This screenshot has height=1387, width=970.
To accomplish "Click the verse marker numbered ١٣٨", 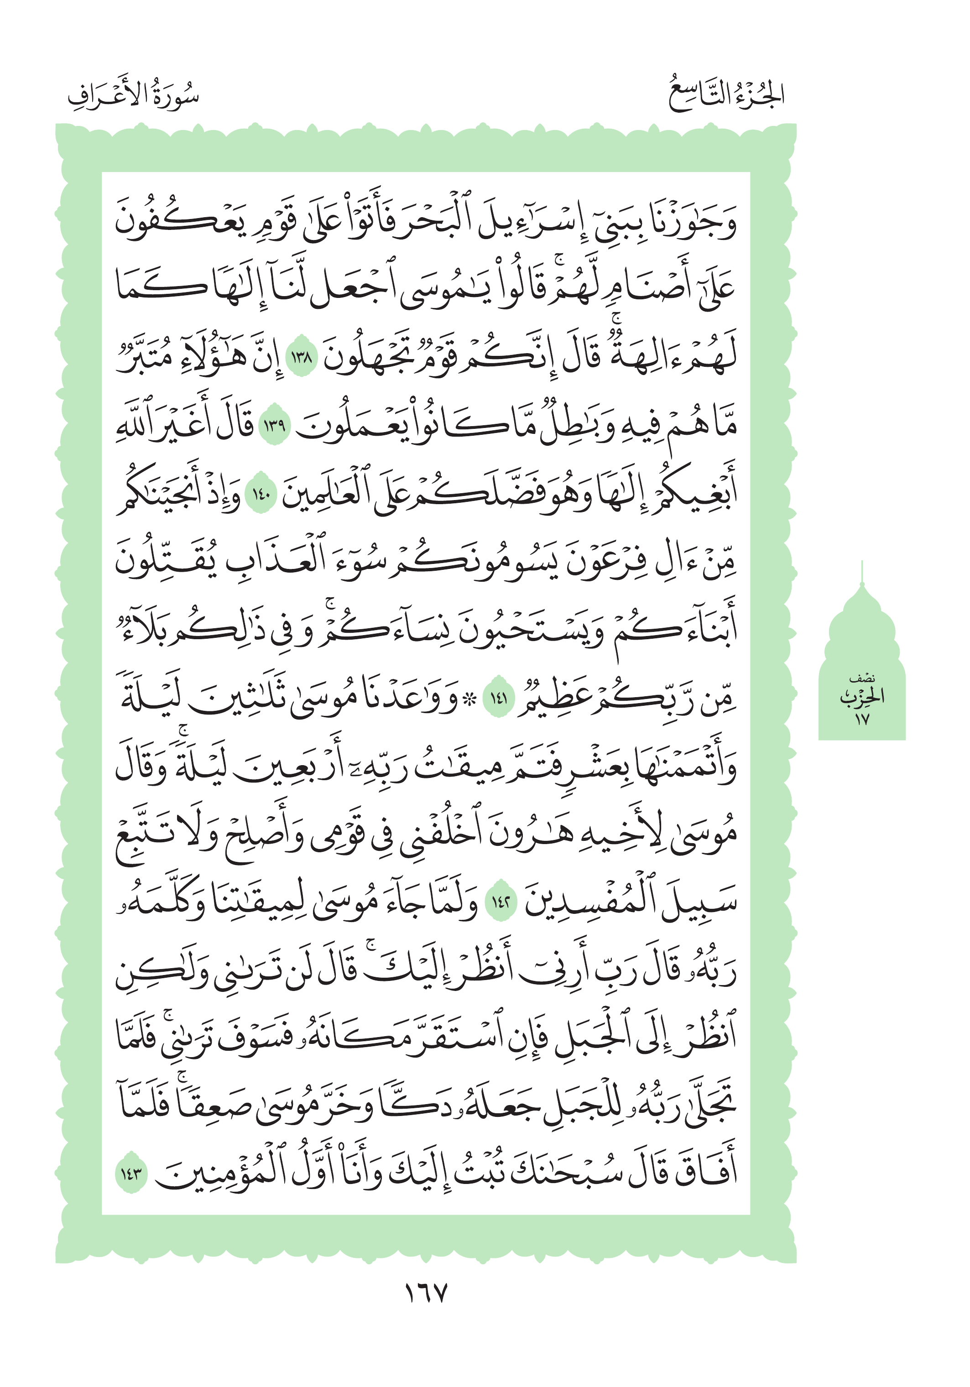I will tap(301, 359).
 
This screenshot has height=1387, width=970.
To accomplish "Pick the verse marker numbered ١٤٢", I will tap(501, 904).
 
